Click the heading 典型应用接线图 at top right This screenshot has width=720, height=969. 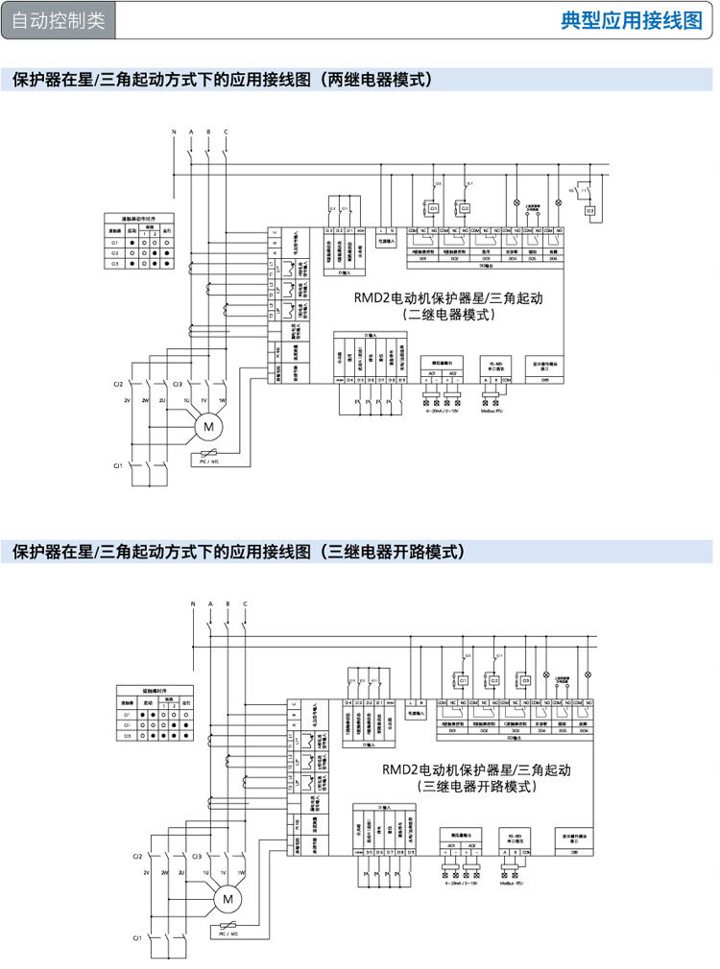[631, 21]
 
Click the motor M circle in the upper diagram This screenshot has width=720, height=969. [206, 425]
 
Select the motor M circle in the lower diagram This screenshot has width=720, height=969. [228, 899]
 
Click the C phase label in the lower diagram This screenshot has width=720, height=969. [245, 603]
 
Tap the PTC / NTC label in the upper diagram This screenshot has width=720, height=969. [209, 461]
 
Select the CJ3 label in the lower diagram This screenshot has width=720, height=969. [196, 855]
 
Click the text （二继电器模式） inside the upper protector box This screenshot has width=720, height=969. [448, 314]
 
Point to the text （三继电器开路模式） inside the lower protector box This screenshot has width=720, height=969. [476, 786]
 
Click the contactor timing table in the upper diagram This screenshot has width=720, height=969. [140, 244]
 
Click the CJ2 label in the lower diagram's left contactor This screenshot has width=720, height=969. [137, 855]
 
